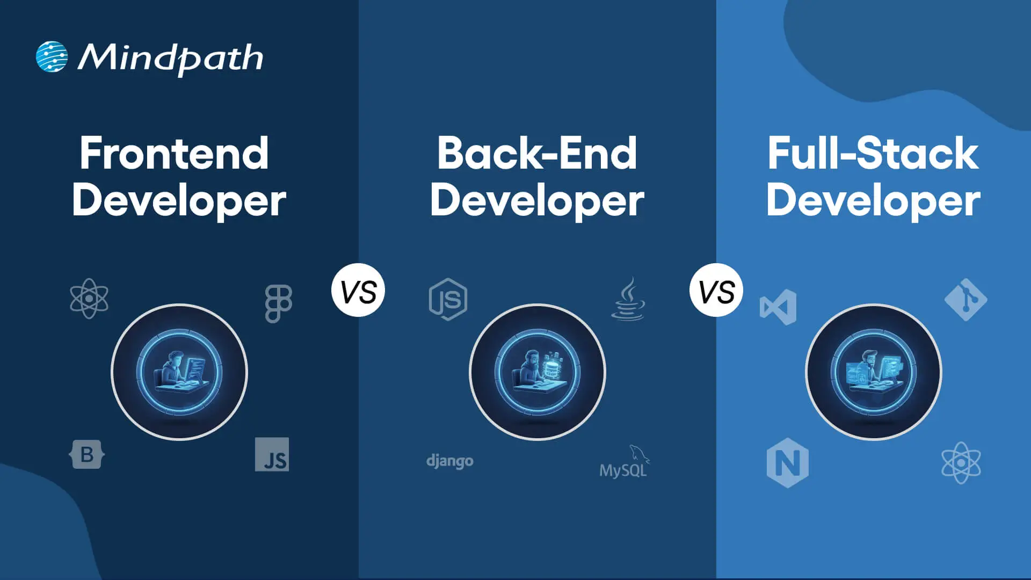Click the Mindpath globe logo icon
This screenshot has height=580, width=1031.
52,57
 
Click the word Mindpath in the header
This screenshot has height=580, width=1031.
171,58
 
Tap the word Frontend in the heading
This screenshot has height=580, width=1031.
174,154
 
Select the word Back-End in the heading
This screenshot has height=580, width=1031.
536,154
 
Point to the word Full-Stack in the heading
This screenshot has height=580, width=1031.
873,154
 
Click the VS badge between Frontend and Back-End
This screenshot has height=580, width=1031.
358,291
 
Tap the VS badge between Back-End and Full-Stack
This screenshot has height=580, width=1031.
716,291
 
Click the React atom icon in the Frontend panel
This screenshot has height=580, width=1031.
89,299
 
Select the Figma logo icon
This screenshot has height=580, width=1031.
278,303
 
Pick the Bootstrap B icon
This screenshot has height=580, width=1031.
87,455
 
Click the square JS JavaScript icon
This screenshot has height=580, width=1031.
272,454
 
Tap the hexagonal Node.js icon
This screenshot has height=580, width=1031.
448,299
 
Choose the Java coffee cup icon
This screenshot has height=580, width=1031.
628,299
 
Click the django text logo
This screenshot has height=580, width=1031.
449,461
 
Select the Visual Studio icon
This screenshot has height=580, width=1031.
778,307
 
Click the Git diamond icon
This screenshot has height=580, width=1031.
965,299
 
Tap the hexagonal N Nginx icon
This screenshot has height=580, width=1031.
787,462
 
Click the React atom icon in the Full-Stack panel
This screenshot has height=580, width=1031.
961,462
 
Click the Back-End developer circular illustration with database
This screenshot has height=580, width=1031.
537,372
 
